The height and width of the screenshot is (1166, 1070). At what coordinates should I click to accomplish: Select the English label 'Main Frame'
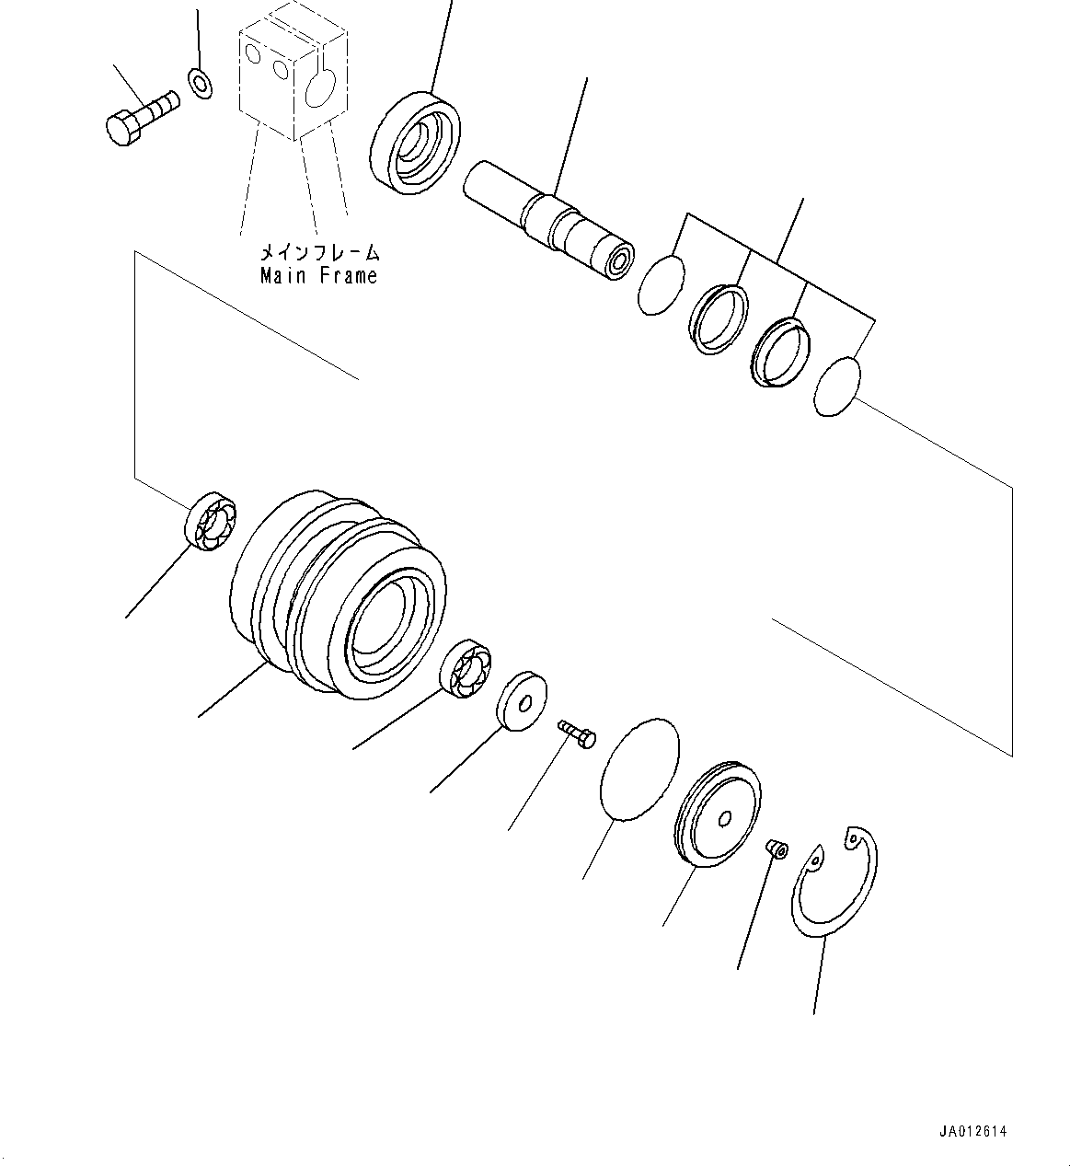pyautogui.click(x=318, y=275)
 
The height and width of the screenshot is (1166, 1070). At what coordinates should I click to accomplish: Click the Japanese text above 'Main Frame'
pyautogui.click(x=318, y=251)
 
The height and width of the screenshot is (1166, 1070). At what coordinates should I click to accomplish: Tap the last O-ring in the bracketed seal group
pyautogui.click(x=837, y=387)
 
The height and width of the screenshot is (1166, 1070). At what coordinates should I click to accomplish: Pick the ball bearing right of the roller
pyautogui.click(x=465, y=669)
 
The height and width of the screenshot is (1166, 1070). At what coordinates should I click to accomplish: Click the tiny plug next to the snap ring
pyautogui.click(x=776, y=846)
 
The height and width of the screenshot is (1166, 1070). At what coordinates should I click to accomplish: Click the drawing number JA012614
pyautogui.click(x=973, y=1132)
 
